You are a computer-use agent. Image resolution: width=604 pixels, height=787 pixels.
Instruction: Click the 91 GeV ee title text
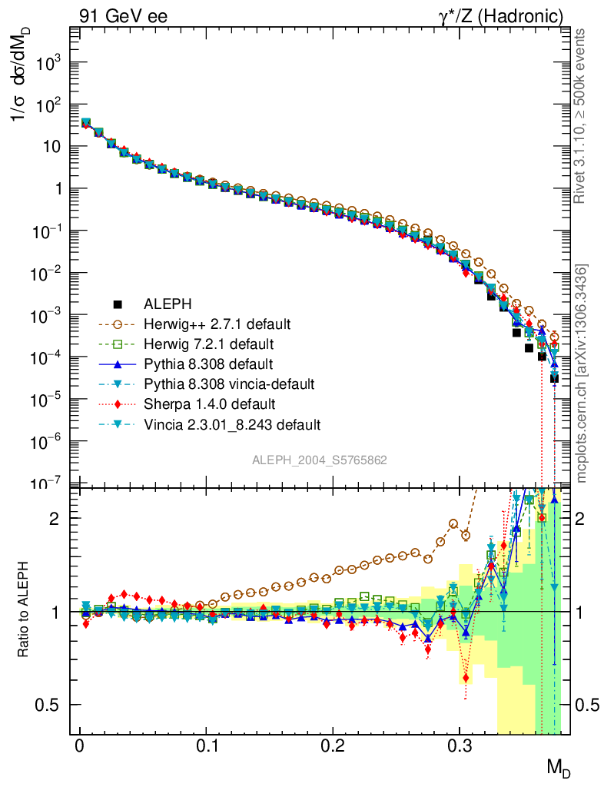(x=123, y=16)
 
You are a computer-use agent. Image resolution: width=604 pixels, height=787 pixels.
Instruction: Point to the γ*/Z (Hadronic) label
(x=509, y=16)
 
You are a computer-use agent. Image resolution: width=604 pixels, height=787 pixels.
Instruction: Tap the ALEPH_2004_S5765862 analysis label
(x=320, y=460)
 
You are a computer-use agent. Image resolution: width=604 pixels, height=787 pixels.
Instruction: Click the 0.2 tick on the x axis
(x=333, y=746)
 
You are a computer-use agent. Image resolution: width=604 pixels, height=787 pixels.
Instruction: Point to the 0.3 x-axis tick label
(x=459, y=746)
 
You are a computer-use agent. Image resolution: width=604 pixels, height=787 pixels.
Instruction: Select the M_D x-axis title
(x=559, y=768)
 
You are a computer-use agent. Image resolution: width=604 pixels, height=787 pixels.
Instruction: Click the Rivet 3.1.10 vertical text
(x=582, y=115)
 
